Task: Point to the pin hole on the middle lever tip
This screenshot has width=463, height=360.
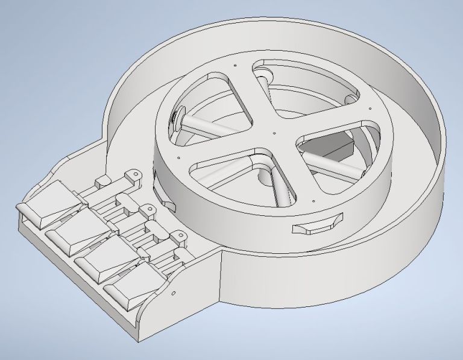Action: click(x=146, y=209)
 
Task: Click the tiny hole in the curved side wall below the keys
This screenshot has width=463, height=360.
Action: click(x=173, y=293)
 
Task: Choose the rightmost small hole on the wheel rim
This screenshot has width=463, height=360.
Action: click(x=365, y=109)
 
